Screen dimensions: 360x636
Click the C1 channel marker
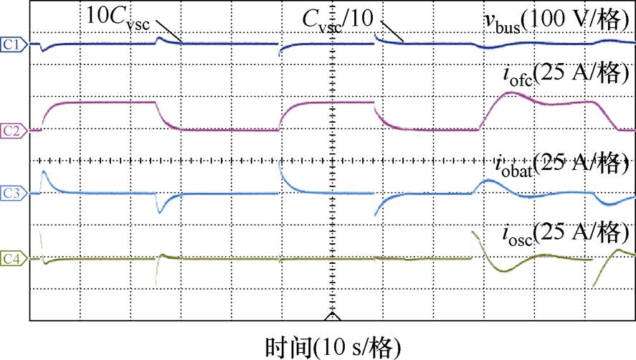coord(13,44)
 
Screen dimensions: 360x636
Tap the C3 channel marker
coord(13,193)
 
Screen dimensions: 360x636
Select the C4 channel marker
coord(13,256)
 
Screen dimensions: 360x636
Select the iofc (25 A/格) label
coord(566,74)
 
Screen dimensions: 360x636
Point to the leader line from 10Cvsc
coord(169,32)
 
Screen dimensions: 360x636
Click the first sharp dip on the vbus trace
coord(44,50)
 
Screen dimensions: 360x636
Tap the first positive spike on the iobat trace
coord(44,173)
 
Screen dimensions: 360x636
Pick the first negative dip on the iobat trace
coord(161,212)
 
